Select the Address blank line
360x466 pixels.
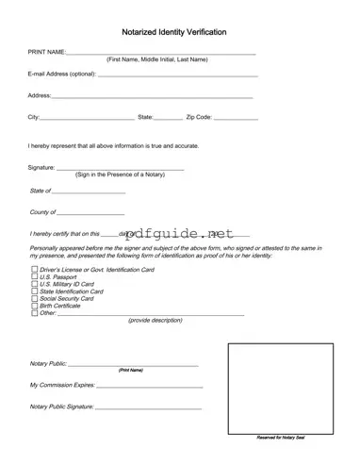(151, 96)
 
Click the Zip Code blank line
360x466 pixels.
(236, 118)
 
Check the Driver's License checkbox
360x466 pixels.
(34, 270)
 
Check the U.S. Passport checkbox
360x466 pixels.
(34, 277)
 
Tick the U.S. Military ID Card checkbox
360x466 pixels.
(34, 284)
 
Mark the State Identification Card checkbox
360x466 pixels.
(34, 291)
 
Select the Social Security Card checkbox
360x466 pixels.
(34, 298)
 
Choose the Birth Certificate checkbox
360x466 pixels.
(34, 306)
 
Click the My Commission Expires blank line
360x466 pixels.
(149, 387)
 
